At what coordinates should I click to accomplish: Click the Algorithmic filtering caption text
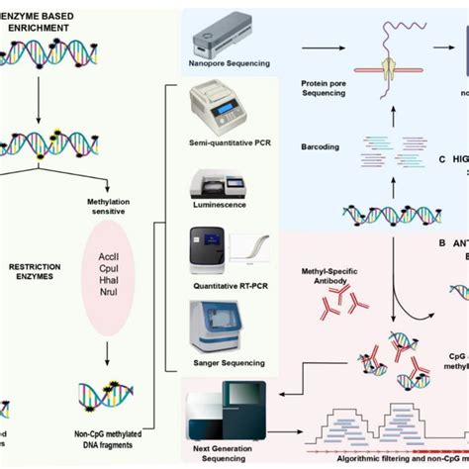click(x=377, y=458)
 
